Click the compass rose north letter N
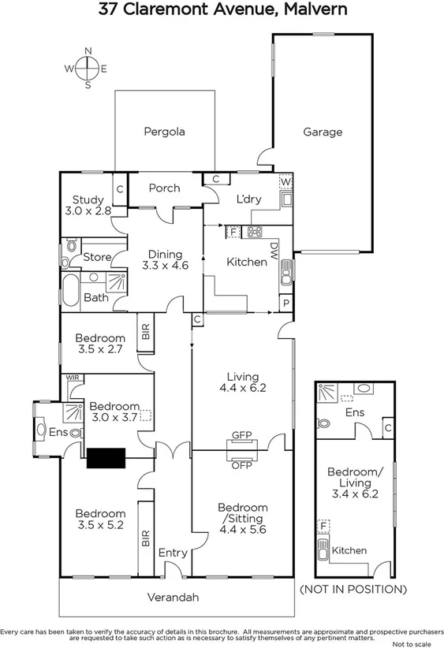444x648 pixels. [88, 52]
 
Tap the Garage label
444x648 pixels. [323, 132]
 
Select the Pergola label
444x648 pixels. [164, 132]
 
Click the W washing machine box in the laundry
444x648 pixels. [285, 183]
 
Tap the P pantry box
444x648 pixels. [285, 304]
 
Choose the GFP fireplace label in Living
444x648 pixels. [241, 435]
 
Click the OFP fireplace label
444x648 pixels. [241, 465]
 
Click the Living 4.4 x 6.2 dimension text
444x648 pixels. [242, 387]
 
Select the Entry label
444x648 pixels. [173, 553]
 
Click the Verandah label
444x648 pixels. [173, 598]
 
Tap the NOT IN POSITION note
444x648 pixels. [353, 589]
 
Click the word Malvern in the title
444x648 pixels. [310, 10]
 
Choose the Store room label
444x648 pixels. [98, 257]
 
